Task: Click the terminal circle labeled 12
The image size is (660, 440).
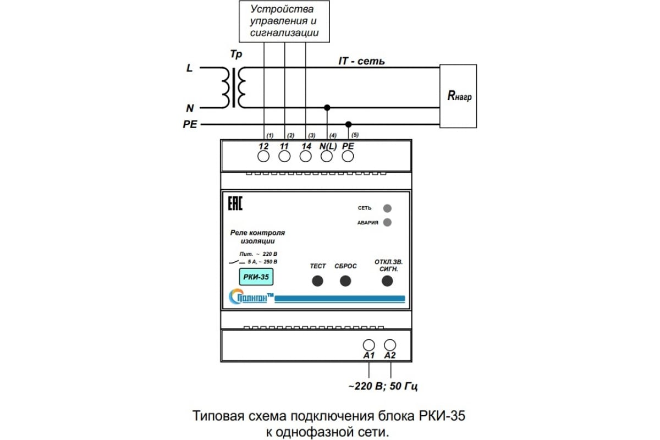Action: (x=263, y=157)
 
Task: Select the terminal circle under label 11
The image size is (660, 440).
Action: (x=284, y=157)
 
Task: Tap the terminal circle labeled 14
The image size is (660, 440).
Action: (x=306, y=157)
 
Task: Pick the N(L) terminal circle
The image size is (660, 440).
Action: (x=327, y=157)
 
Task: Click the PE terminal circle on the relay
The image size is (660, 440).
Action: (x=348, y=157)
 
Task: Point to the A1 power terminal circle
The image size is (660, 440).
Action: (x=369, y=345)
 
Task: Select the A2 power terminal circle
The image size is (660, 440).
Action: (x=390, y=345)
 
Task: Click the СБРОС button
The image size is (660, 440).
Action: (x=345, y=281)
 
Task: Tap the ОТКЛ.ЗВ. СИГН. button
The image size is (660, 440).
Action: (x=388, y=281)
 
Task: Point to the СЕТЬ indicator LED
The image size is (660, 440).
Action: (x=387, y=208)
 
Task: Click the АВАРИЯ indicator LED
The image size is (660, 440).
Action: (x=387, y=223)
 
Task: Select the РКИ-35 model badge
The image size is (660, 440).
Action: (x=256, y=277)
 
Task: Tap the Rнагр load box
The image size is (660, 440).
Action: (x=458, y=96)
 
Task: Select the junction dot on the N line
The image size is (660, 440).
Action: (x=327, y=107)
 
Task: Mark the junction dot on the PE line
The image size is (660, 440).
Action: (x=348, y=124)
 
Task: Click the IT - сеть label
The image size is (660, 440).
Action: (x=361, y=61)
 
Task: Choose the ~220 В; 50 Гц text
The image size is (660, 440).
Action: (x=383, y=386)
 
